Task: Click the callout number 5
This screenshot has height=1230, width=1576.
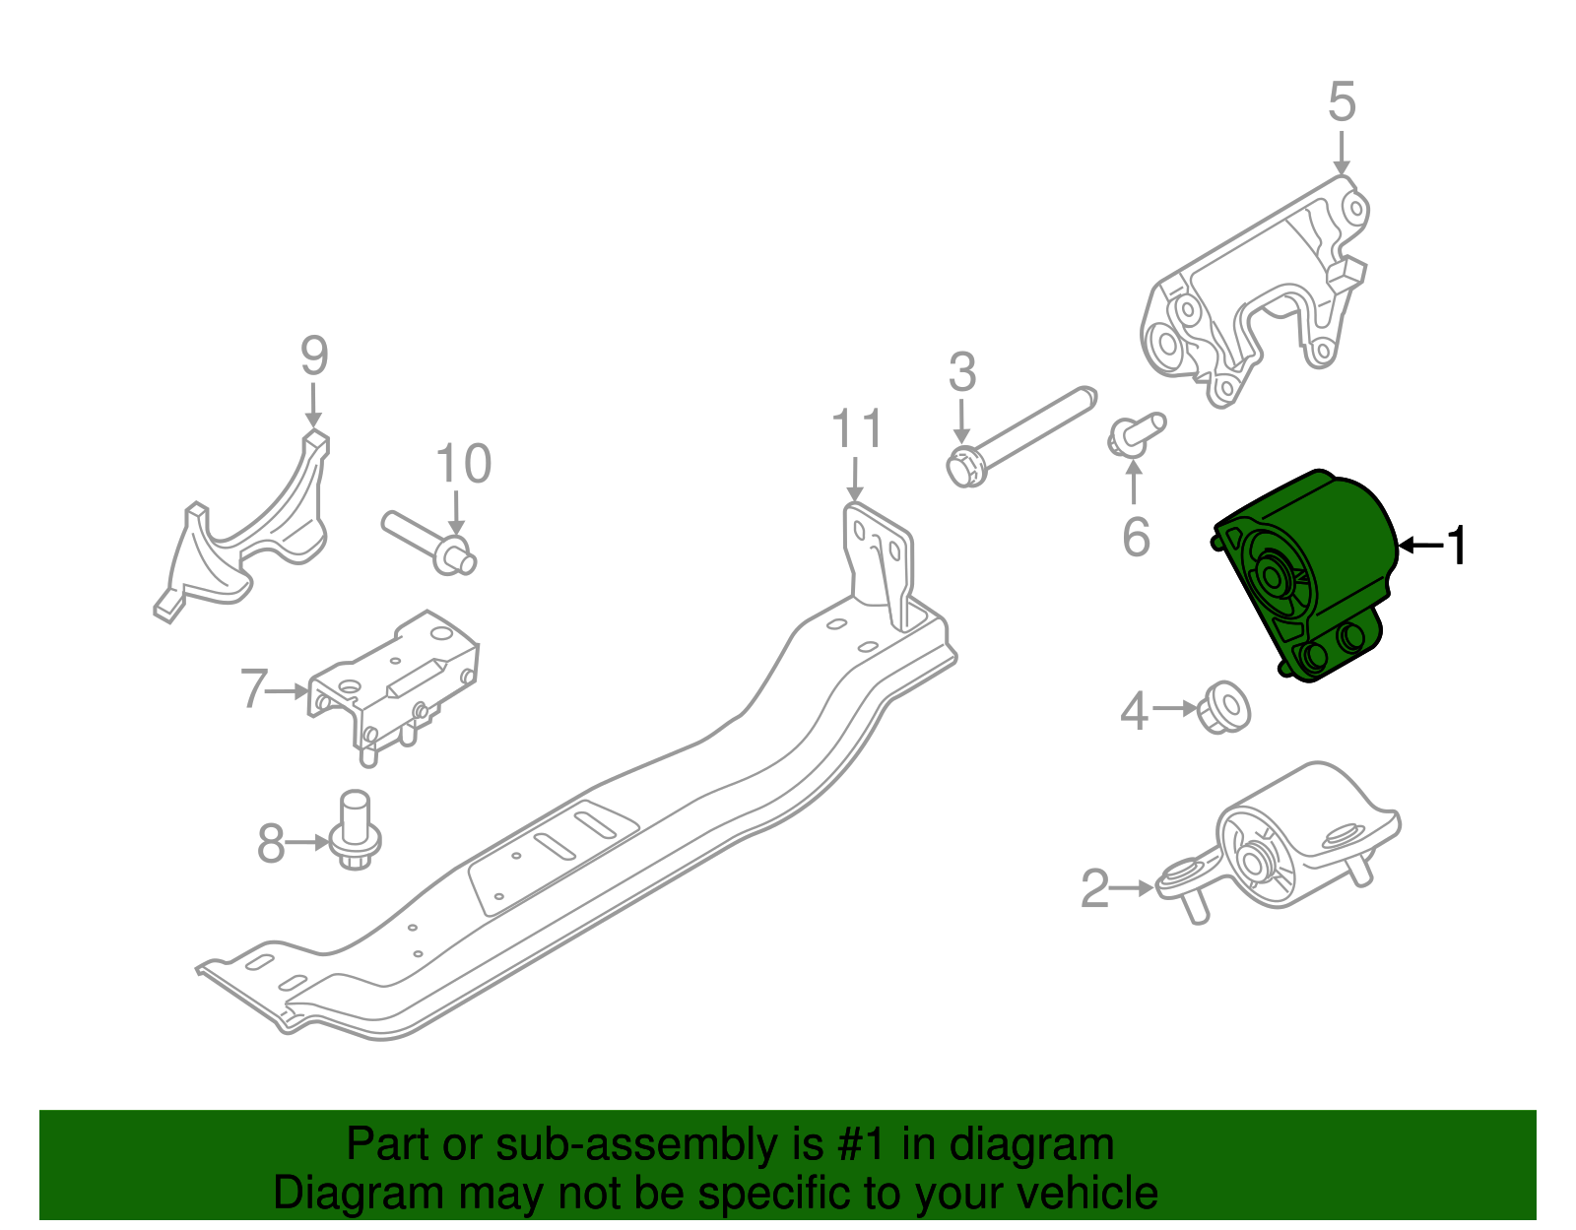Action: click(x=1342, y=102)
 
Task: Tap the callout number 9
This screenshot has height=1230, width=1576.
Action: click(x=313, y=356)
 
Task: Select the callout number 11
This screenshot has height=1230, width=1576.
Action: click(x=856, y=430)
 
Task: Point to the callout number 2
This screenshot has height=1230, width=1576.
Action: click(x=1094, y=888)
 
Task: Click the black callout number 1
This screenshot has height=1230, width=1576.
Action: click(x=1457, y=545)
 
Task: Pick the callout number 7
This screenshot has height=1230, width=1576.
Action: click(x=254, y=689)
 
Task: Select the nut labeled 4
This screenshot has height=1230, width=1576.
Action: click(x=1224, y=705)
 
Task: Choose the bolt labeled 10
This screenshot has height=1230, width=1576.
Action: click(x=428, y=539)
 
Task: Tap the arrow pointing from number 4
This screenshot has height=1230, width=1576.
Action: click(x=1175, y=707)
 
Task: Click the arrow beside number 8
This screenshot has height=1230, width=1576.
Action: click(x=307, y=842)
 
